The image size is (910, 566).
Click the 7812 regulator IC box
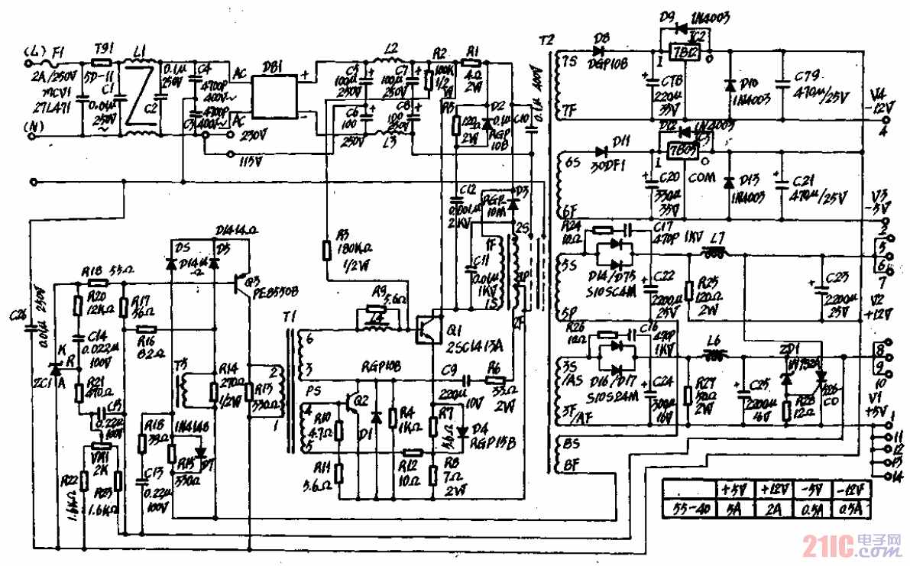[x=682, y=53]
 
